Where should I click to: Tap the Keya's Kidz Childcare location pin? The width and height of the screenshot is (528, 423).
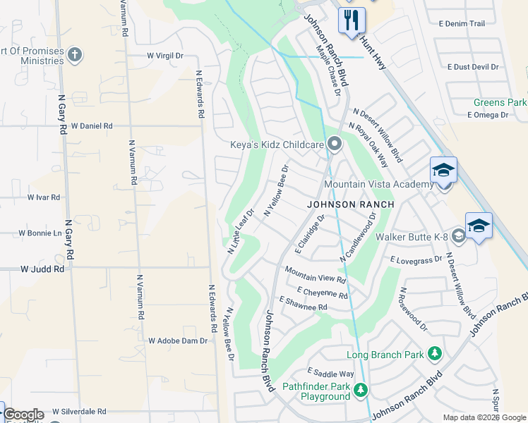(x=335, y=145)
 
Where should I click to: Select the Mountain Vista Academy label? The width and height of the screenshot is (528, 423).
(x=378, y=185)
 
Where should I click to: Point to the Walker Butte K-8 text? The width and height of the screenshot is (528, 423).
(x=412, y=237)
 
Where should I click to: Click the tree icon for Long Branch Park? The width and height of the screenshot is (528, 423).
(x=436, y=353)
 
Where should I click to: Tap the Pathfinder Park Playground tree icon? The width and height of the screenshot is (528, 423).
(x=361, y=390)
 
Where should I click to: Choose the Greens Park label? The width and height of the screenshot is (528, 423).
(x=500, y=103)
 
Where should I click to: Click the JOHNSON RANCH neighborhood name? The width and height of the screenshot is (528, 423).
(x=349, y=204)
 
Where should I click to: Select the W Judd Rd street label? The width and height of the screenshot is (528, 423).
(x=42, y=269)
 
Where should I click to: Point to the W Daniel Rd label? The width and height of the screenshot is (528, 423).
(x=91, y=126)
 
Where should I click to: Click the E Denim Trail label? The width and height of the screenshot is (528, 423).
(x=462, y=24)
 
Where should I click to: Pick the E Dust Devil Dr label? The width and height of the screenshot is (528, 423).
(x=473, y=67)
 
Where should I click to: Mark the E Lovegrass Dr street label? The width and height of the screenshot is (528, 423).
(x=416, y=259)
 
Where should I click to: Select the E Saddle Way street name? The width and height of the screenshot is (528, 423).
(x=330, y=374)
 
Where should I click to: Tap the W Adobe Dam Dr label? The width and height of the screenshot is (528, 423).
(x=178, y=341)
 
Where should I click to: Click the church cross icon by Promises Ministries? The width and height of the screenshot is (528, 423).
(x=76, y=55)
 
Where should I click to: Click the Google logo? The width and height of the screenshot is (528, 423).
(x=23, y=415)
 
